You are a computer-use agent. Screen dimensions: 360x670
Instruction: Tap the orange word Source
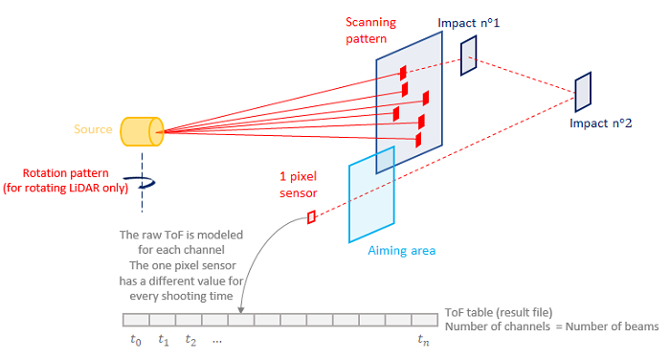(x=94, y=129)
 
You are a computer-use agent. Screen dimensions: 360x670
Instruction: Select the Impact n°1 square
(x=468, y=56)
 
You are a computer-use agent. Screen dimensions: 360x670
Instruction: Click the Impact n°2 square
(x=582, y=90)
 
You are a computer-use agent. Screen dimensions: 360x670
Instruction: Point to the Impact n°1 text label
(x=469, y=21)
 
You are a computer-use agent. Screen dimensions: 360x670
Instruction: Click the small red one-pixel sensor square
(x=311, y=218)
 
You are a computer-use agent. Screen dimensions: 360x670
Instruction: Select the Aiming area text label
(x=402, y=250)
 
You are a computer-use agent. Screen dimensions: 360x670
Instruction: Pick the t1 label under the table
(x=164, y=340)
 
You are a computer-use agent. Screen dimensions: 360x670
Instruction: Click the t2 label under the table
(x=191, y=340)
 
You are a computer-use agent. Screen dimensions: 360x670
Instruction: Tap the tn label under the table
(x=423, y=340)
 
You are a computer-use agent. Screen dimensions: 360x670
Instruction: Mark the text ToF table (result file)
(x=499, y=313)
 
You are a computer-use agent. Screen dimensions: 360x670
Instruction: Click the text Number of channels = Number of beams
(x=552, y=327)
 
